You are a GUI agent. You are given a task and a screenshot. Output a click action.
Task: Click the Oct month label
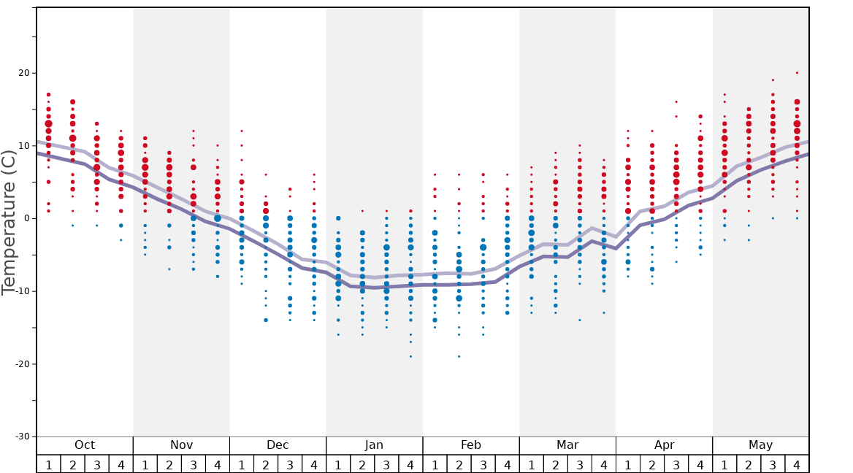tap(85, 445)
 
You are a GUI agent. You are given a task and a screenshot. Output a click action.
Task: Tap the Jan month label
tap(374, 445)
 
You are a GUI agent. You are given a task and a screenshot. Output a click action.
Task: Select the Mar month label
tap(567, 445)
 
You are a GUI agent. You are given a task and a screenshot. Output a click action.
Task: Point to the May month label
tap(760, 445)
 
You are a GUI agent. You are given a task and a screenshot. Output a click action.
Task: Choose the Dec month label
tap(278, 445)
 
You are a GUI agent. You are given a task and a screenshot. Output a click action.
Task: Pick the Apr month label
tap(664, 445)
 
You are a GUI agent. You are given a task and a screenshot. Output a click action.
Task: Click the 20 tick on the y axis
tap(23, 73)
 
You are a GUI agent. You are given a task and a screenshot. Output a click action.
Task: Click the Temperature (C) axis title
tap(9, 223)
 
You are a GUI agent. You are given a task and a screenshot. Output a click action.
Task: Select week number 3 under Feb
tap(483, 464)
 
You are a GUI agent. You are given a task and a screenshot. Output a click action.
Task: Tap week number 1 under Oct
tap(48, 464)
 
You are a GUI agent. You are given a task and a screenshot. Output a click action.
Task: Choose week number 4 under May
tap(797, 464)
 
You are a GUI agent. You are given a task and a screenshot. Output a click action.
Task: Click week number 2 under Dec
tap(266, 464)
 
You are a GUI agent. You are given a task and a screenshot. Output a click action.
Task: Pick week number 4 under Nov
tap(218, 464)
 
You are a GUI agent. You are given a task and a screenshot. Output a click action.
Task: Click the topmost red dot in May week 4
tap(797, 73)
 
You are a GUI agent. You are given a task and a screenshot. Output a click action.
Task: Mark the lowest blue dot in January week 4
tap(410, 356)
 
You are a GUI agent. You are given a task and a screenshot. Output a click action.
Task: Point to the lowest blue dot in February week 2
tap(459, 356)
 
